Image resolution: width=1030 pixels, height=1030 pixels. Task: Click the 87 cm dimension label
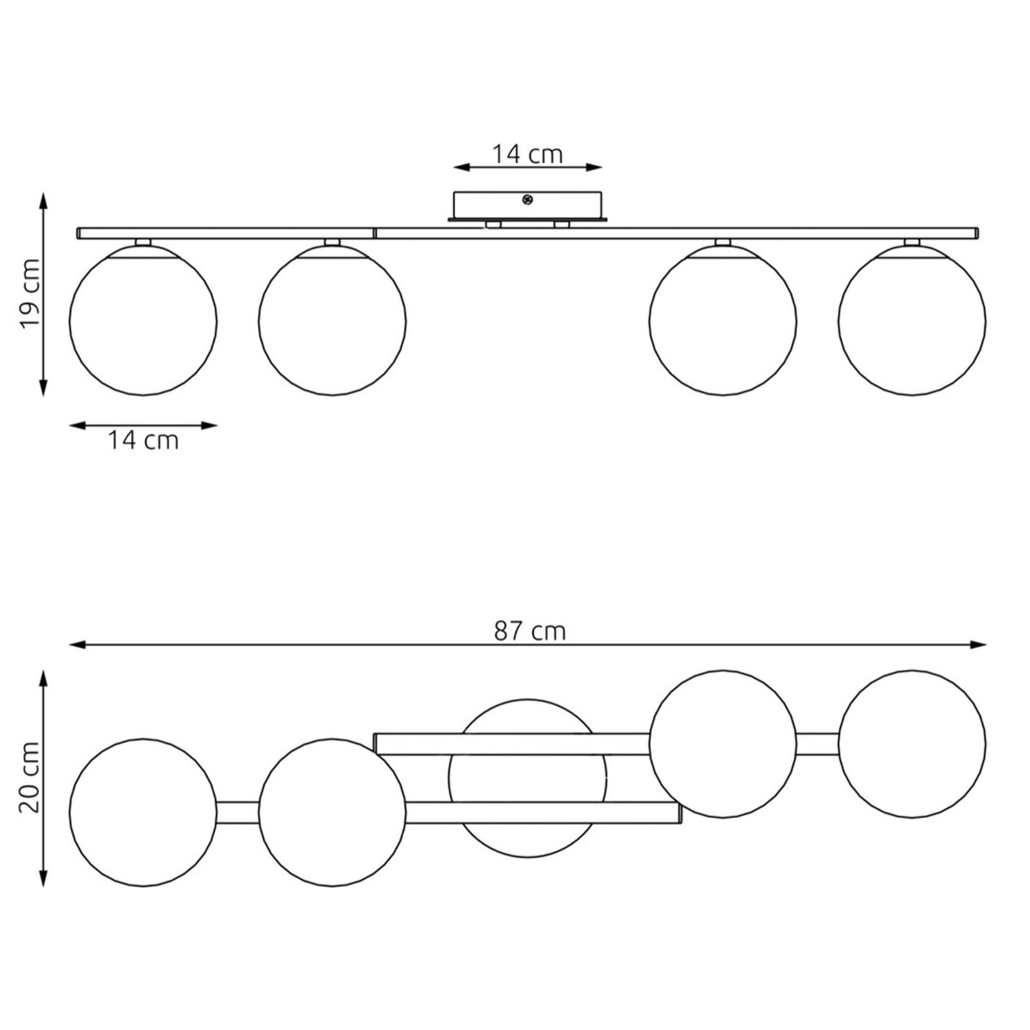click(x=530, y=631)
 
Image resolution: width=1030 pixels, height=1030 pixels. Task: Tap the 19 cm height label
click(x=30, y=293)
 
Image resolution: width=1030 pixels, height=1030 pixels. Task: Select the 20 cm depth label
click(x=30, y=777)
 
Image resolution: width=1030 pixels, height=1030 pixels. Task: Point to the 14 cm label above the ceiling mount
click(x=527, y=154)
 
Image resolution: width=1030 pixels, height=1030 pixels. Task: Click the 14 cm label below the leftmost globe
click(x=144, y=440)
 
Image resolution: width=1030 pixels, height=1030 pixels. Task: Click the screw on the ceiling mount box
click(x=527, y=200)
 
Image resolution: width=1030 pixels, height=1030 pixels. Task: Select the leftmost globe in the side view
click(x=143, y=321)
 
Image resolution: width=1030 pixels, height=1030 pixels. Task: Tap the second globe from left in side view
click(x=332, y=321)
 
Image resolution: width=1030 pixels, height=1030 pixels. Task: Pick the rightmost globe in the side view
click(x=912, y=321)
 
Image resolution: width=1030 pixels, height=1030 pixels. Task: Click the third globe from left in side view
click(x=723, y=321)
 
